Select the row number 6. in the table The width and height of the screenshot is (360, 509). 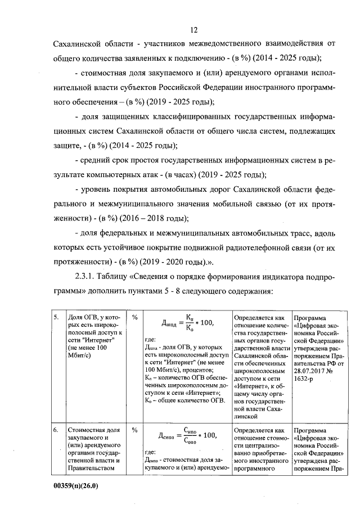tap(56, 430)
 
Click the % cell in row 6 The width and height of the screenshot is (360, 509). tap(135, 430)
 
